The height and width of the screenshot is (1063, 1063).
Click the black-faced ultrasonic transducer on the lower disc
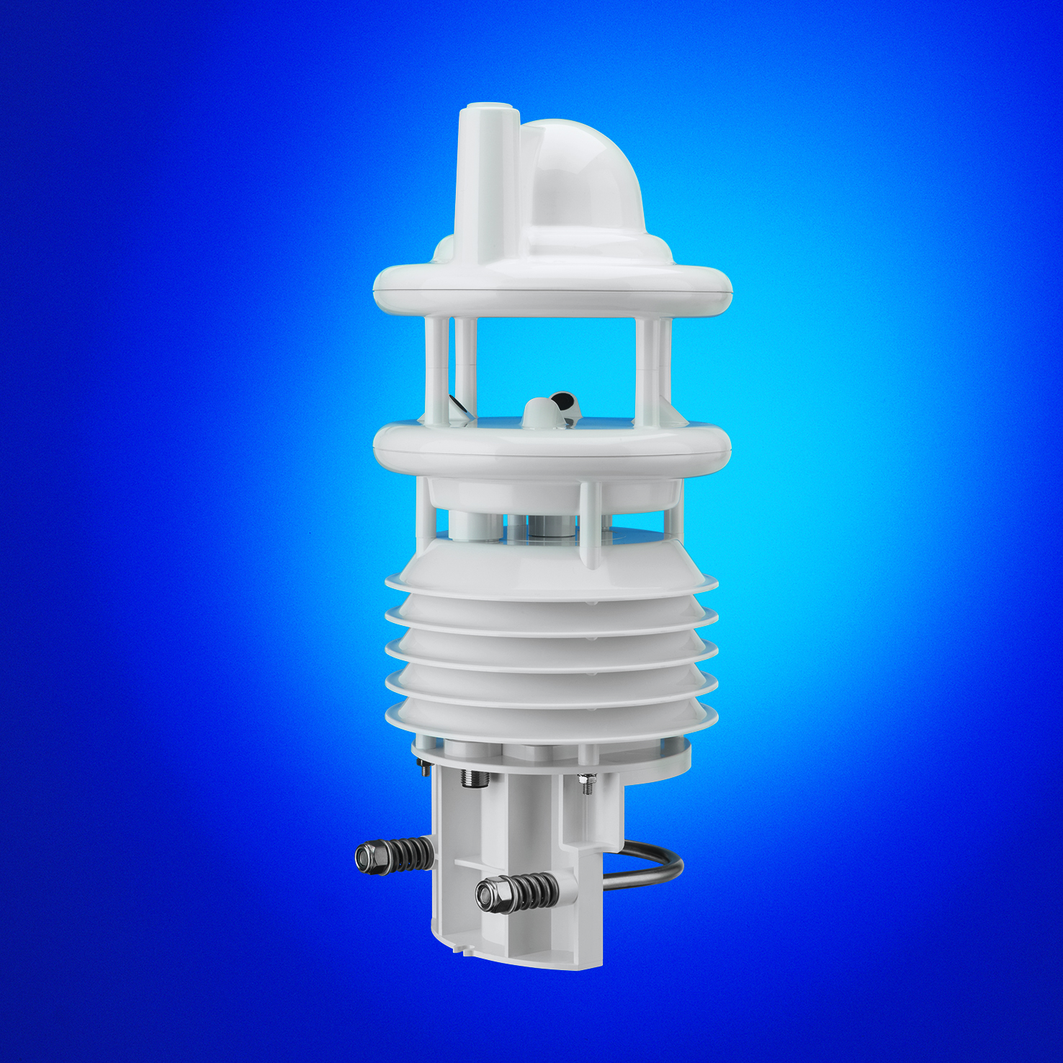565,403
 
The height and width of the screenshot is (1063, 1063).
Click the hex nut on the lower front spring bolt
490,895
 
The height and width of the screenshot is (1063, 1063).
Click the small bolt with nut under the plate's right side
588,784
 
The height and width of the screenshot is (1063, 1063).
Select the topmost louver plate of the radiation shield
551,569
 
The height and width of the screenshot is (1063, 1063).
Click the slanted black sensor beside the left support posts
457,403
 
